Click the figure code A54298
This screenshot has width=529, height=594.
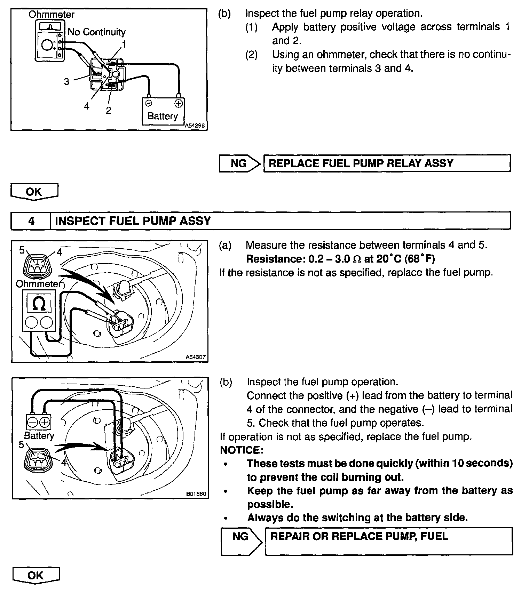(195, 126)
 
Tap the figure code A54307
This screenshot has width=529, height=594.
(196, 357)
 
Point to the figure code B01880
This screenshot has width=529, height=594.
(196, 493)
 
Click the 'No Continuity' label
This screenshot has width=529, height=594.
(96, 32)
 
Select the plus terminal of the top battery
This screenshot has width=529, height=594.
(178, 103)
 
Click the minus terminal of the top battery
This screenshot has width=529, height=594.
(149, 103)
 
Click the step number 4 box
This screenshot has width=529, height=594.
(31, 221)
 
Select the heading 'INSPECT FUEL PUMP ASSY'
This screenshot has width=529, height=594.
(133, 221)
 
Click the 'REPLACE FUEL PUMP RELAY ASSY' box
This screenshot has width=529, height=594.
(387, 163)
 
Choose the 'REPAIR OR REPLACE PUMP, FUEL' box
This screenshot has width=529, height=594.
(388, 541)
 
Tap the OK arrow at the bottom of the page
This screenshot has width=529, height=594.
(36, 576)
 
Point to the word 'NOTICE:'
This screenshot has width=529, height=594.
(242, 450)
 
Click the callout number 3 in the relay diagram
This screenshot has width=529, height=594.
(66, 82)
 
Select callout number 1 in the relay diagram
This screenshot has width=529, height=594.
(124, 45)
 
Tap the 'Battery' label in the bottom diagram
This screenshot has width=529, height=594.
(39, 435)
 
